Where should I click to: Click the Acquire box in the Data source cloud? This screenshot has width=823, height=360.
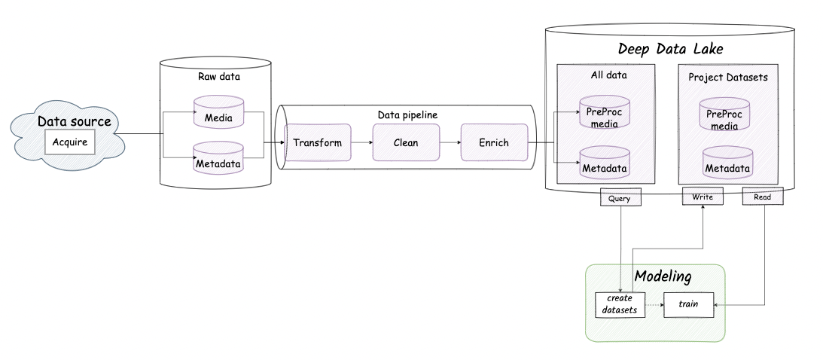point(70,142)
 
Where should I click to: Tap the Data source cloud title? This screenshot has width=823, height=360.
point(75,121)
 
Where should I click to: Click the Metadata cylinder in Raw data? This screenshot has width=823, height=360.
point(218,159)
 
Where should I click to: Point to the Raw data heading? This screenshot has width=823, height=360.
point(218,76)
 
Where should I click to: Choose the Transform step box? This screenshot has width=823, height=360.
point(317,142)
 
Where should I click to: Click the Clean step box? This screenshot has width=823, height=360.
point(405,142)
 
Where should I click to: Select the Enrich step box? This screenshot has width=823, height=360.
point(493,142)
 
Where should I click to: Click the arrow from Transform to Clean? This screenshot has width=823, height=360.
point(361,142)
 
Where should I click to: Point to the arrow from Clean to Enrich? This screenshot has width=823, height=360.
point(450,142)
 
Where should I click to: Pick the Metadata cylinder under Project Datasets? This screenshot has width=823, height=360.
point(727,163)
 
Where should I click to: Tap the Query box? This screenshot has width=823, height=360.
point(620,197)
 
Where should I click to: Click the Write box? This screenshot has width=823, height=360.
point(702,197)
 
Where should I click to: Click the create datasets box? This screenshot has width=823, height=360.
point(620,304)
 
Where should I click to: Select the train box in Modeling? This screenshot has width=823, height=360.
point(687,304)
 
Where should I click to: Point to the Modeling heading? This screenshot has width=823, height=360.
point(663,276)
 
